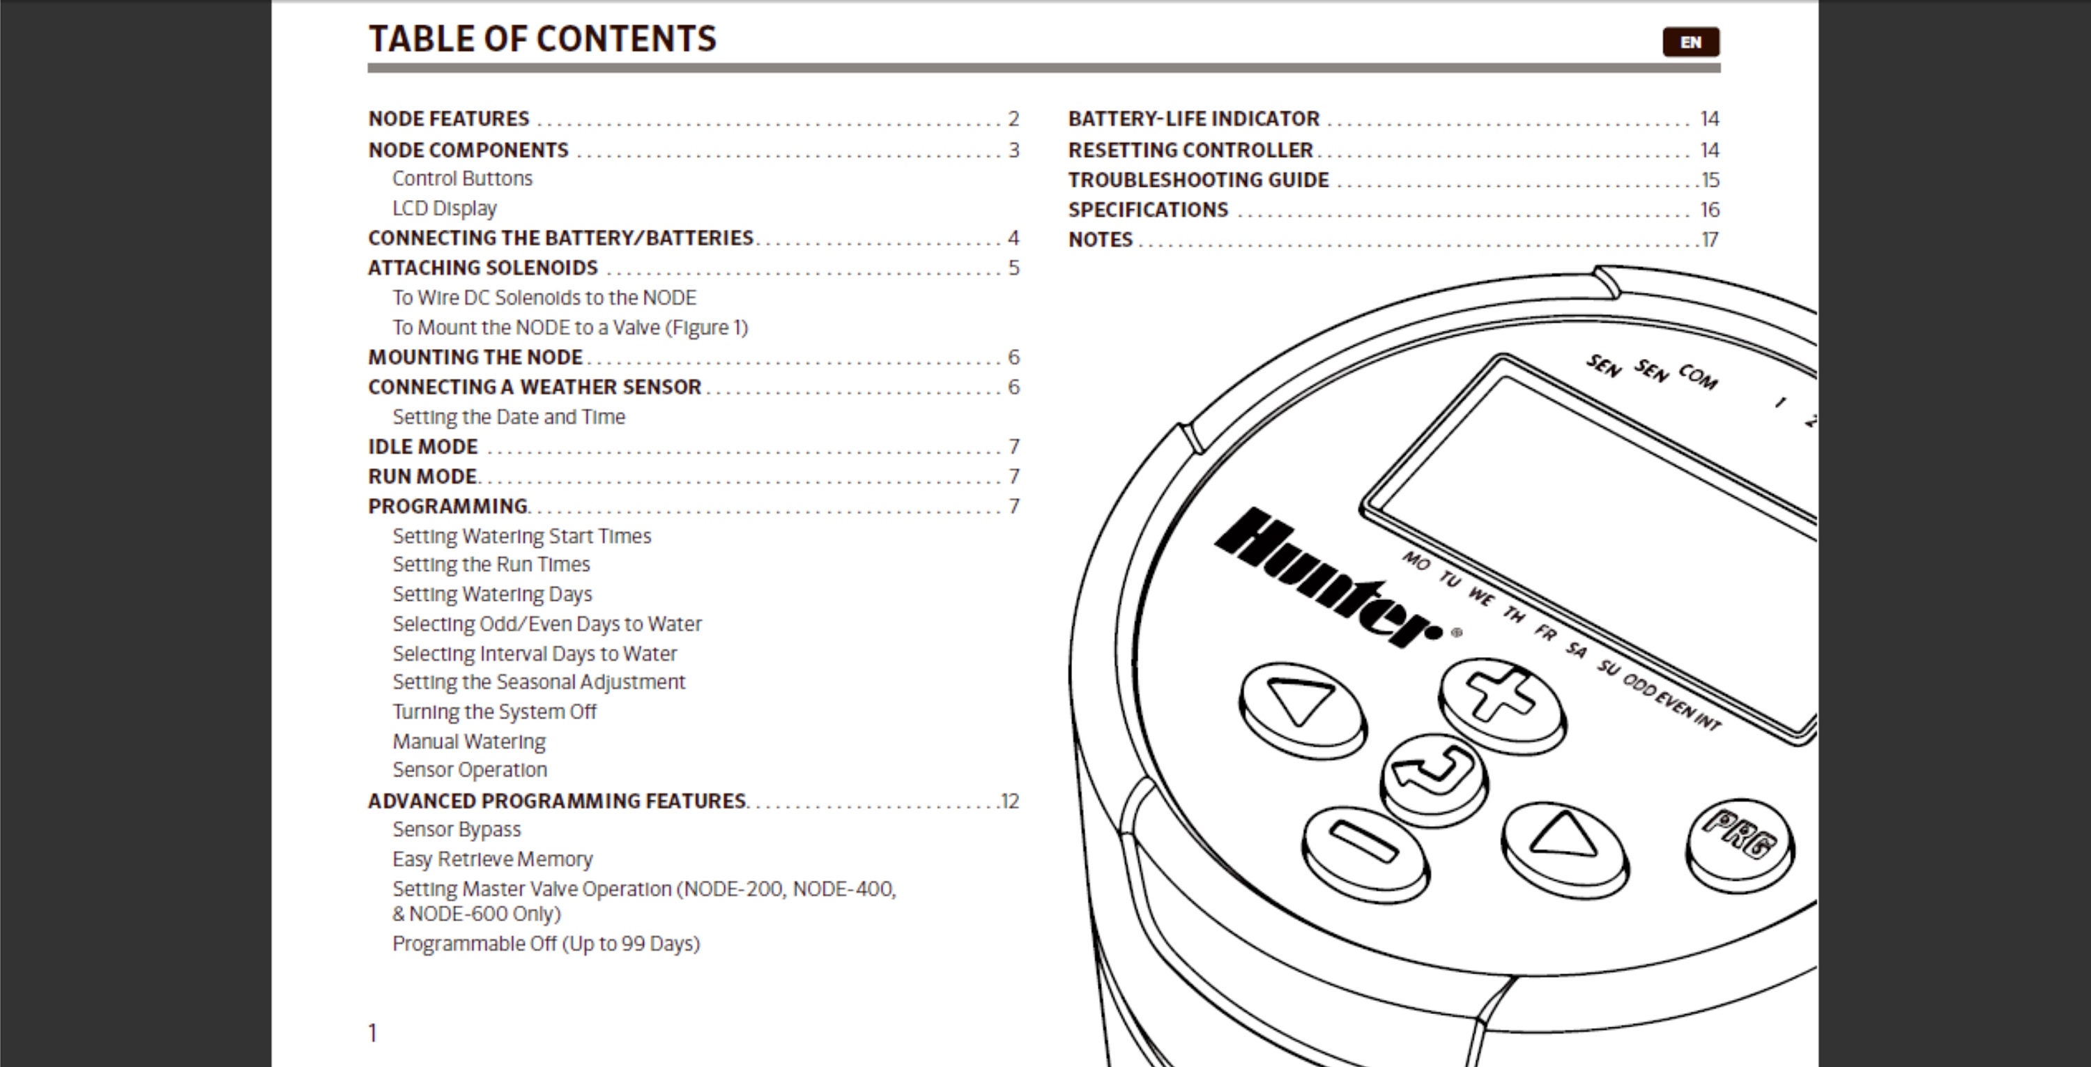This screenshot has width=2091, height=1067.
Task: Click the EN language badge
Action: tap(1691, 41)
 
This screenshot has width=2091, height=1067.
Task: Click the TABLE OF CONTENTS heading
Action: tap(542, 38)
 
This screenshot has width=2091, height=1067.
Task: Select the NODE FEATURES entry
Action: tap(449, 118)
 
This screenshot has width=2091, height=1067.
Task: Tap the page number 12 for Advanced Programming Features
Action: tap(1010, 801)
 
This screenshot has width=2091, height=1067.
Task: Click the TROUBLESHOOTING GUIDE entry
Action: tap(1198, 179)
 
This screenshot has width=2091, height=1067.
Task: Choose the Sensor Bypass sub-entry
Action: tap(457, 829)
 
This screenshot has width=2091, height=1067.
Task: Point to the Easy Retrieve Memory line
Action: tap(493, 859)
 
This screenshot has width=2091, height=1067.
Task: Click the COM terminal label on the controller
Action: tap(1698, 376)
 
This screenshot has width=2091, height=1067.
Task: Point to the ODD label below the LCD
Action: tap(1639, 685)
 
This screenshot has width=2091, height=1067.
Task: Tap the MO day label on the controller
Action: tap(1416, 561)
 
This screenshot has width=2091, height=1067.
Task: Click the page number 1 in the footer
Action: tap(373, 1032)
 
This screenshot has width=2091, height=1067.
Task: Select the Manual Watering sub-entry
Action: tap(469, 742)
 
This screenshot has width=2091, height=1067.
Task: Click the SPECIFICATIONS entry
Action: tap(1148, 209)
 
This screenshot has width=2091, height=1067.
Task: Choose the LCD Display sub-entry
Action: tap(444, 208)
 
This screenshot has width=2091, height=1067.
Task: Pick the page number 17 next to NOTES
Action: tap(1710, 239)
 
